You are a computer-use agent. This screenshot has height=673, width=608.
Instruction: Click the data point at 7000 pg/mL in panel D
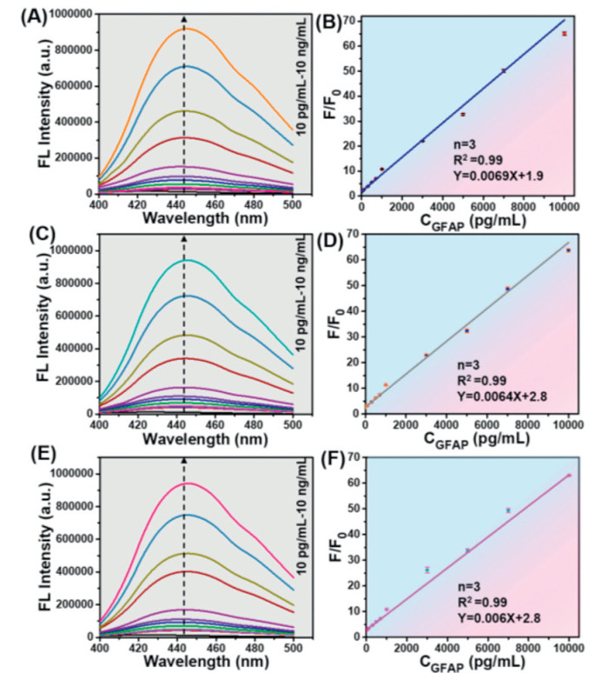(x=507, y=289)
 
